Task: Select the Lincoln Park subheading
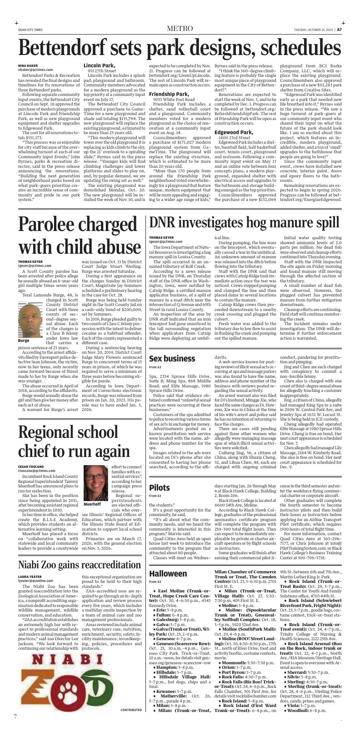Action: [99, 65]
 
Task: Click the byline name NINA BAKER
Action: [28, 66]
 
